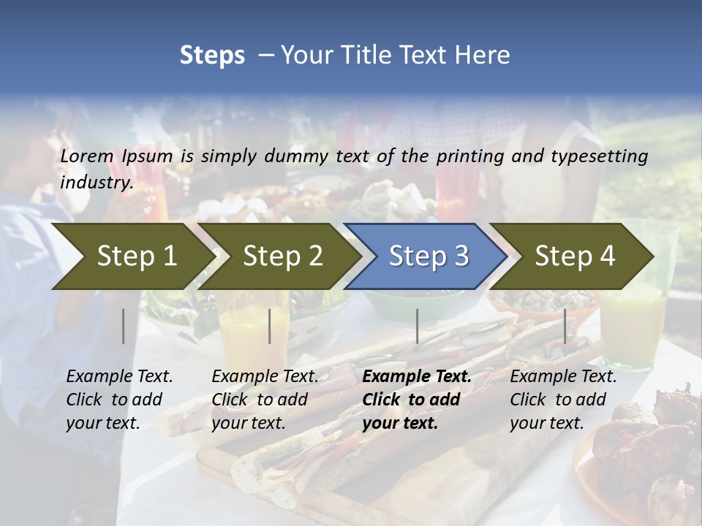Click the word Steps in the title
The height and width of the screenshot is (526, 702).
212,56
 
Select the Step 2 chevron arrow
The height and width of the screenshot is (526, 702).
282,256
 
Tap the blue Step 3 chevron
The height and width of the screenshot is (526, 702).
428,256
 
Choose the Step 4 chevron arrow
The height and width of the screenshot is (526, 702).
574,256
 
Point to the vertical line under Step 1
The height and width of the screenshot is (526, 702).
124,326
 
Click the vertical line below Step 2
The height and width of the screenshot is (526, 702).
270,326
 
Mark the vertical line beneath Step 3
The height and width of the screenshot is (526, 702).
417,326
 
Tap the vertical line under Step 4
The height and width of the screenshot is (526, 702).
565,326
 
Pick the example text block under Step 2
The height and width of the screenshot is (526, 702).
265,399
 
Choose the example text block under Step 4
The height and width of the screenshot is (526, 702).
563,399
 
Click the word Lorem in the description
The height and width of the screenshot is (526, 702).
87,156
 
